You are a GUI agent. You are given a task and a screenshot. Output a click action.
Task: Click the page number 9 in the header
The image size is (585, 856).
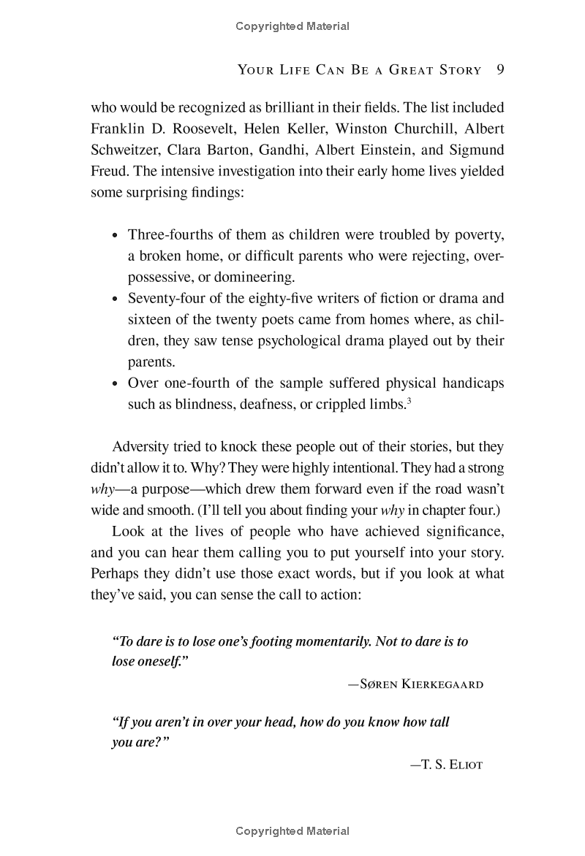click(500, 70)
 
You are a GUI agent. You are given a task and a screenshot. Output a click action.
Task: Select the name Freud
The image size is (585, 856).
click(108, 171)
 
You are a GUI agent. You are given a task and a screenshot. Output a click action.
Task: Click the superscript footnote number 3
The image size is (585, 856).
click(409, 400)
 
